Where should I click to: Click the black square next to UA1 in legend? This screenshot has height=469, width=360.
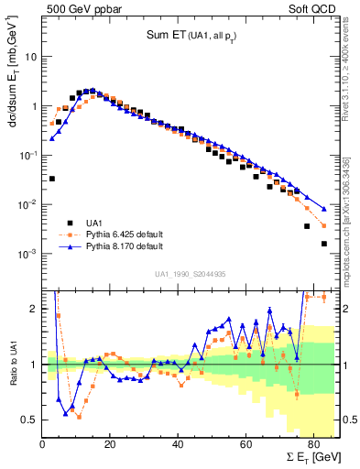[x=71, y=223]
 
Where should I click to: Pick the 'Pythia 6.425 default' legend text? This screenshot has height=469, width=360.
[x=125, y=234]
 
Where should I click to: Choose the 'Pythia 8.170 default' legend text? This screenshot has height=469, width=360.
[x=125, y=247]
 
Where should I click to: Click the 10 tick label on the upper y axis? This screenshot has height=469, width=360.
[x=32, y=56]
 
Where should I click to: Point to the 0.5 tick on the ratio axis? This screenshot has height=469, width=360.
[x=30, y=420]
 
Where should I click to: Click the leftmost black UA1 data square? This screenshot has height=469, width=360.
[x=52, y=179]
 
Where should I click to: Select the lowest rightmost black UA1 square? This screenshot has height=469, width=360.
[x=323, y=244]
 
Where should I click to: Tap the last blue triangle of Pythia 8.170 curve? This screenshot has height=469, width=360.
[x=323, y=208]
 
